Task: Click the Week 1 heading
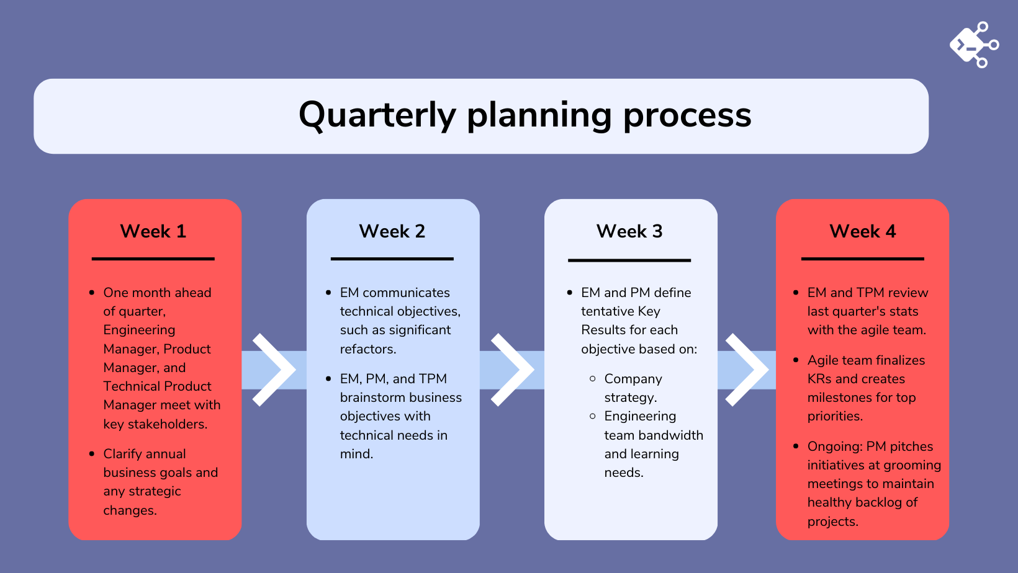click(153, 231)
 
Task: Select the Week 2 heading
click(392, 231)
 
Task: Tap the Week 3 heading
click(629, 231)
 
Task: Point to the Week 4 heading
click(862, 231)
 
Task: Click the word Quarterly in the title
click(377, 115)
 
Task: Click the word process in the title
click(687, 115)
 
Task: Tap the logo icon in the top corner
click(973, 45)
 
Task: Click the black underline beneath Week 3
click(629, 260)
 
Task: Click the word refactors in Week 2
click(367, 349)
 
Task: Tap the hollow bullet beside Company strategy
click(593, 378)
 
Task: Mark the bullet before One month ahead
click(92, 293)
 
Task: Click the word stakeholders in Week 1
click(167, 424)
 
